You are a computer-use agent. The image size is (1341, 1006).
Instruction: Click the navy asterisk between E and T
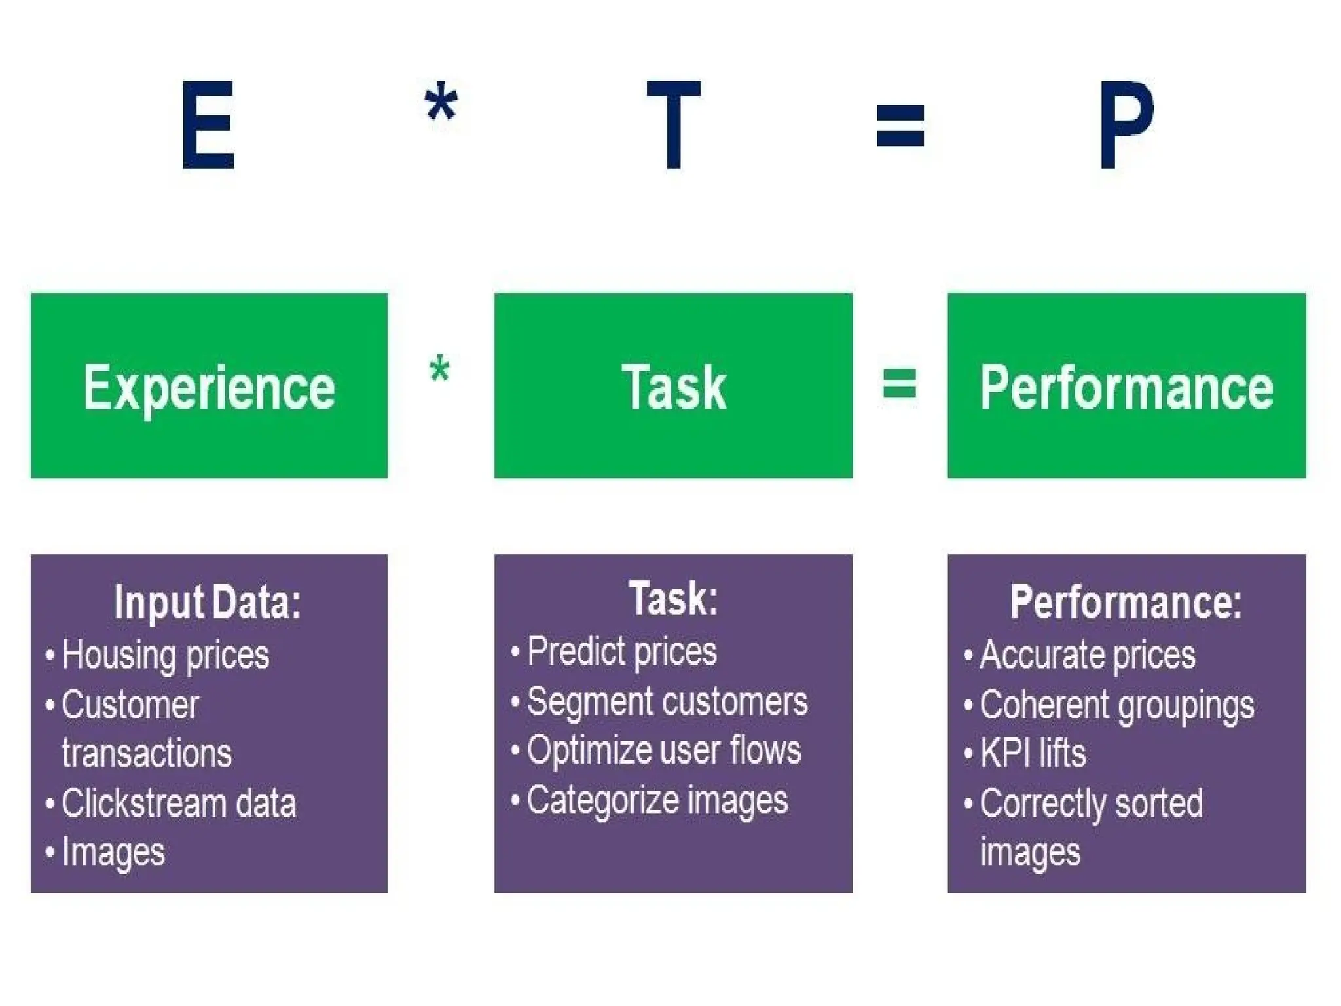pyautogui.click(x=441, y=103)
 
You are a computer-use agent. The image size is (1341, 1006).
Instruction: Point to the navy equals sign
pyautogui.click(x=900, y=125)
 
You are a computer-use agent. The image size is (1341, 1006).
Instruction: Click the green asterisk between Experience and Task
pyautogui.click(x=439, y=369)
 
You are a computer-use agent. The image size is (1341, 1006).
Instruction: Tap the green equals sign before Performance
pyautogui.click(x=900, y=384)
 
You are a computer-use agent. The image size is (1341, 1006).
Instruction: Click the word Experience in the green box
pyautogui.click(x=209, y=388)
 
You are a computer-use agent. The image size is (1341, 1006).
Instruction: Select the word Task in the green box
pyautogui.click(x=674, y=388)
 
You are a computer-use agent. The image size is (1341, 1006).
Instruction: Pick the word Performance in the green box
pyautogui.click(x=1126, y=388)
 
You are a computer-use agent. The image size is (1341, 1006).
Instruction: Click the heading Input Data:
pyautogui.click(x=208, y=602)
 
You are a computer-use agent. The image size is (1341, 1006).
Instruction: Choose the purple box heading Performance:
pyautogui.click(x=1125, y=602)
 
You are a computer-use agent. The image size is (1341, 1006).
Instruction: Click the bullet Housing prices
pyautogui.click(x=165, y=656)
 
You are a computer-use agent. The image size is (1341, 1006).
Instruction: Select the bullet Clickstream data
pyautogui.click(x=178, y=804)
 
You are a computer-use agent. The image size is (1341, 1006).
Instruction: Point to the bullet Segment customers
pyautogui.click(x=667, y=702)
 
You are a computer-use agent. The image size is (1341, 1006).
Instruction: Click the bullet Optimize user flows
pyautogui.click(x=663, y=751)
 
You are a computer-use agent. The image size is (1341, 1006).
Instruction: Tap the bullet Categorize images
pyautogui.click(x=657, y=800)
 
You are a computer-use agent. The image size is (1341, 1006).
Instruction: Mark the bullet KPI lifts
pyautogui.click(x=1033, y=753)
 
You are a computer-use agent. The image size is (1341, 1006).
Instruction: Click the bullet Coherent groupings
pyautogui.click(x=1116, y=705)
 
